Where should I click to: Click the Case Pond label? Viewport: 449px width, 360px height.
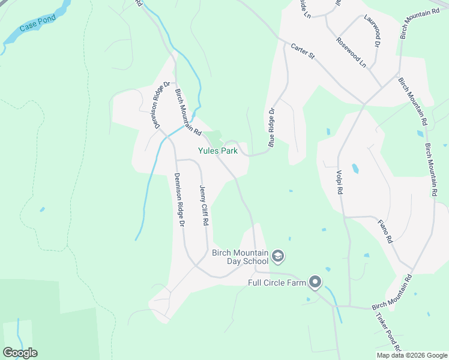point(37,23)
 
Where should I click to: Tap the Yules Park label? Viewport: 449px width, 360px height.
point(218,151)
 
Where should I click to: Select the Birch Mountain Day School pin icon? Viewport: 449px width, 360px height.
point(278,257)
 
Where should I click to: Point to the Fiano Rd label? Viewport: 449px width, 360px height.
point(385,231)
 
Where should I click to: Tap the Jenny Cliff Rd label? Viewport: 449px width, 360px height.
point(203,204)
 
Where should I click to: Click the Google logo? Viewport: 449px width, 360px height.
point(20,353)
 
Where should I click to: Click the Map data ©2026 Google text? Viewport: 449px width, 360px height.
point(412,355)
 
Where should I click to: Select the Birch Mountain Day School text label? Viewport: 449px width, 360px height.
point(240,257)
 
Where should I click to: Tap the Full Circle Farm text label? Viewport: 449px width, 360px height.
point(278,283)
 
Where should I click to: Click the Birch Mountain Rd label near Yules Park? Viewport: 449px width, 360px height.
point(187,112)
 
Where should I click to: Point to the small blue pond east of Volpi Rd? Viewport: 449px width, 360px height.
point(355,169)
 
